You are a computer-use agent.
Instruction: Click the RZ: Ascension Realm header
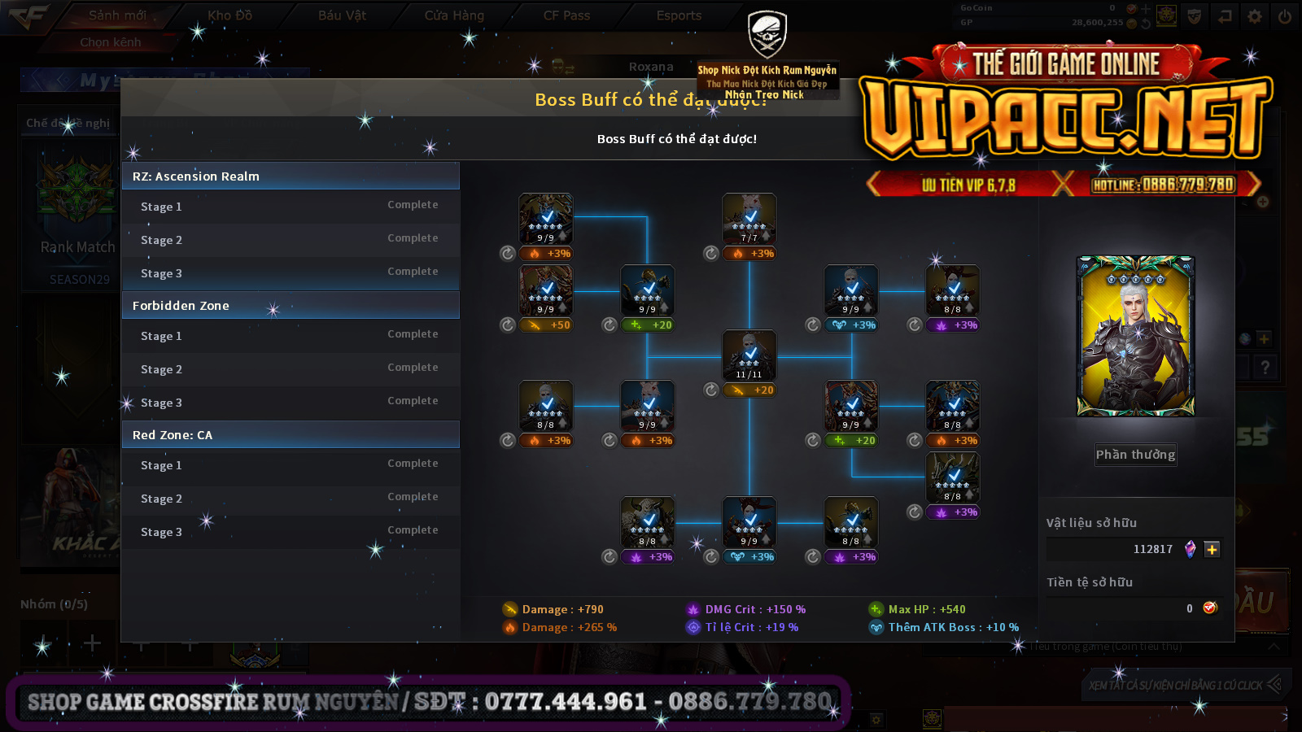[290, 176]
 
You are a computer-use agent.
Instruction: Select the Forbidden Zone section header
[290, 306]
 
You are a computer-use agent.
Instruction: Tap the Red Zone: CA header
[290, 435]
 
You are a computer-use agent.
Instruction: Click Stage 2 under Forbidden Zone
[161, 369]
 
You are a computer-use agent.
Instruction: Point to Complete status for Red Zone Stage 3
[413, 530]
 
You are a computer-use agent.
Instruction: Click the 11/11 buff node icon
[749, 355]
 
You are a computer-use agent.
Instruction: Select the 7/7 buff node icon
[749, 219]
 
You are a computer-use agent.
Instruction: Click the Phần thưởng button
[1135, 455]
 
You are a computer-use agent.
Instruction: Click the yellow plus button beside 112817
[1212, 550]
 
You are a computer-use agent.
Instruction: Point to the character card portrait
[1135, 336]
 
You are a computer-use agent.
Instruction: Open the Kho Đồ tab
[229, 15]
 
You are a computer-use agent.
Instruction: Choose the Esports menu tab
[679, 15]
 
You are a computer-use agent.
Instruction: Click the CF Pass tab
[566, 15]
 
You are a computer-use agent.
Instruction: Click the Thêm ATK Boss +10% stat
[952, 627]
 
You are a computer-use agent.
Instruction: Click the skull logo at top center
[767, 34]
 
